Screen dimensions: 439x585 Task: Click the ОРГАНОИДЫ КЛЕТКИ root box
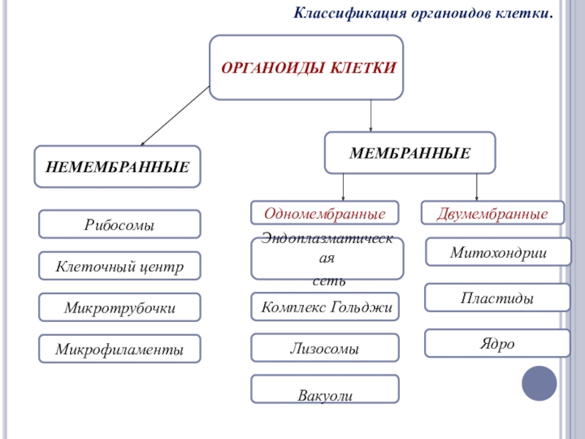[x=306, y=67]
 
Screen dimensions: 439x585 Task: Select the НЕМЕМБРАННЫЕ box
[x=118, y=166]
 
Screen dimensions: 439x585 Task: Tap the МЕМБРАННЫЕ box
[x=409, y=152]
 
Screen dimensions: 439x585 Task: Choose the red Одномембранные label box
[x=325, y=213]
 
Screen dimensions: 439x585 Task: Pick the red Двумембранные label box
[x=493, y=213]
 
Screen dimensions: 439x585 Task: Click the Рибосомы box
[x=119, y=225]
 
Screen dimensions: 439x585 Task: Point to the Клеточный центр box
[x=119, y=266]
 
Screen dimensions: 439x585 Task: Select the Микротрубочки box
[x=119, y=307]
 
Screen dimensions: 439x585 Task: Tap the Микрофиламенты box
[x=119, y=348]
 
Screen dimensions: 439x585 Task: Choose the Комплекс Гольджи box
[x=327, y=307]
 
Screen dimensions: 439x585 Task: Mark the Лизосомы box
[x=325, y=348]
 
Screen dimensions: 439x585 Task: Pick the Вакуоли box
[x=325, y=389]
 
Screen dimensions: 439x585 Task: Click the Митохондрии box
[x=498, y=252]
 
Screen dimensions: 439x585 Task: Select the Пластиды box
[x=497, y=298]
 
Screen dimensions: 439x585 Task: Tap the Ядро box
[x=497, y=343]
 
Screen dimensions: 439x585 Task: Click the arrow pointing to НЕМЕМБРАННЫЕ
[x=175, y=116]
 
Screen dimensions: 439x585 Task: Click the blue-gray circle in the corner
[x=540, y=383]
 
